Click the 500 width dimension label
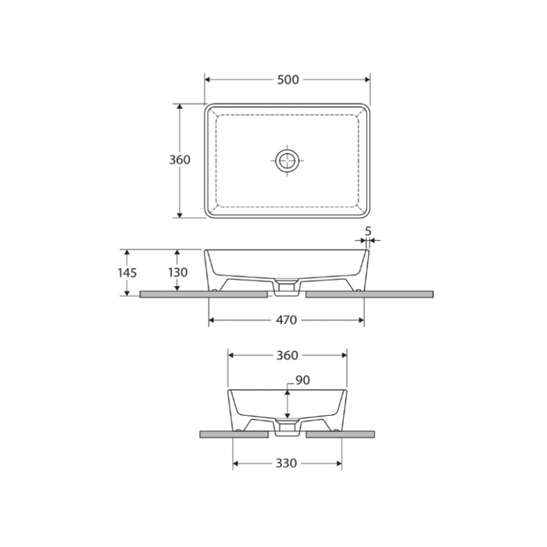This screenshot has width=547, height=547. [x=288, y=80]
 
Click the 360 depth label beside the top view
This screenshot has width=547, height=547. [x=180, y=159]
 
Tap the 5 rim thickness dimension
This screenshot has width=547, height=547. [x=367, y=231]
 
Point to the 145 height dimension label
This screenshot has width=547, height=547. [x=127, y=273]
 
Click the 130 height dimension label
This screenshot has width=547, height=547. [x=178, y=273]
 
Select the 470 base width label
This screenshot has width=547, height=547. [x=287, y=320]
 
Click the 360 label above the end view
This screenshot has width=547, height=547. [x=287, y=355]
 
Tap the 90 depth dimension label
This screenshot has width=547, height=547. [x=302, y=381]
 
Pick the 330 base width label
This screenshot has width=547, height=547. [x=287, y=463]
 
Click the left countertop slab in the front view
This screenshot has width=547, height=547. [x=203, y=295]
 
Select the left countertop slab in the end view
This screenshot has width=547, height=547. [x=234, y=432]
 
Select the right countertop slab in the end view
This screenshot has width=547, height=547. [x=341, y=432]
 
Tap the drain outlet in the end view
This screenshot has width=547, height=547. [x=287, y=428]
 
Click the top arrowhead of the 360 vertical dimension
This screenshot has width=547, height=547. [x=181, y=106]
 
